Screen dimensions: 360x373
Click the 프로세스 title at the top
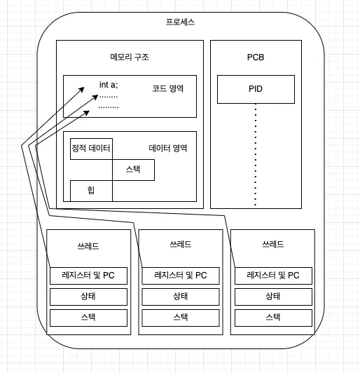[x=180, y=22]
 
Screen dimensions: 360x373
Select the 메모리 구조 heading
[x=130, y=57]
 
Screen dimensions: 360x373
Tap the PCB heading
[x=256, y=57]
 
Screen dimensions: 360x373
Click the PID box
[x=256, y=90]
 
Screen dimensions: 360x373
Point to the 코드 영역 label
[x=168, y=89]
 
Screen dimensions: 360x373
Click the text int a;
[x=109, y=85]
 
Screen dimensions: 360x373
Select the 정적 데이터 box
[x=91, y=149]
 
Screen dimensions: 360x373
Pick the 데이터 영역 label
[x=168, y=148]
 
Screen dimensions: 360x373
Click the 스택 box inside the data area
[x=133, y=170]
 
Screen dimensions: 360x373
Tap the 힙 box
[x=91, y=191]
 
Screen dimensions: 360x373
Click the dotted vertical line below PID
[x=256, y=154]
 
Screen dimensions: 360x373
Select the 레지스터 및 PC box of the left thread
[x=88, y=276]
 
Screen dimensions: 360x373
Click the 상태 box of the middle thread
[x=181, y=297]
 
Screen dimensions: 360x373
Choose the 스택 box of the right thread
[x=273, y=318]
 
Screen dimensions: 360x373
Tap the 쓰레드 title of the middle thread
[x=181, y=244]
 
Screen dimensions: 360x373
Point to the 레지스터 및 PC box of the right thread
[x=273, y=276]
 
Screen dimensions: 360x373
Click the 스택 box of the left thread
[x=88, y=318]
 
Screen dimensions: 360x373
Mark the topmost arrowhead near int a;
[x=81, y=90]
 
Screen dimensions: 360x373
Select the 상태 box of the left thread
[x=88, y=297]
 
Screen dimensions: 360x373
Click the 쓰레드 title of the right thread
[x=273, y=244]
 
